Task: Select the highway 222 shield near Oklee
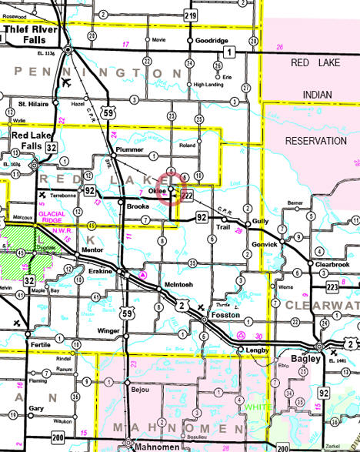coord(186,198)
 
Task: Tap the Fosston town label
coord(227,316)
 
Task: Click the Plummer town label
coord(125,150)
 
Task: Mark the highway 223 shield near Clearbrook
coord(332,286)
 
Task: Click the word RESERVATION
coord(316,141)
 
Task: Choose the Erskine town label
coord(101,272)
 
